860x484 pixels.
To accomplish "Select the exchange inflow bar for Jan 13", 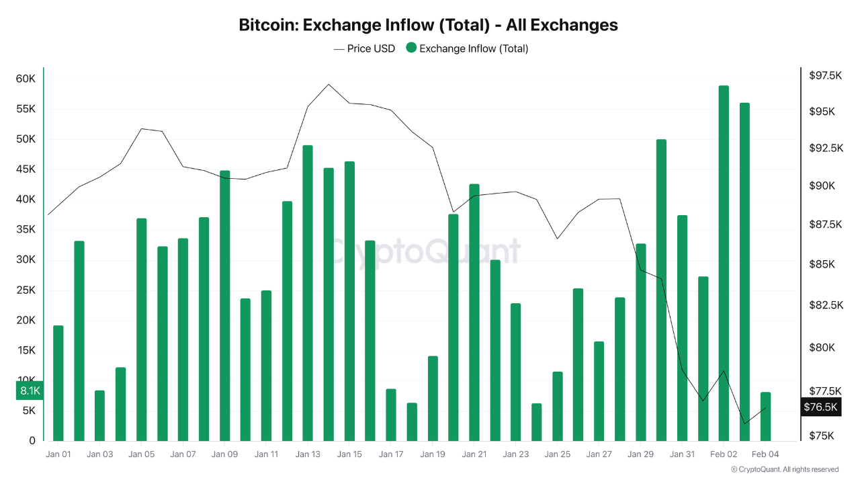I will [x=308, y=293].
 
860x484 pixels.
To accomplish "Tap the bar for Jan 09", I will [x=225, y=306].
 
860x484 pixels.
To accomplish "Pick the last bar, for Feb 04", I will [x=765, y=417].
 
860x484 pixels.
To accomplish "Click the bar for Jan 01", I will [x=58, y=383].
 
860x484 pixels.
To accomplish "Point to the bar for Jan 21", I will [x=474, y=313].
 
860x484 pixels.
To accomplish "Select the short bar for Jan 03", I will [x=99, y=415].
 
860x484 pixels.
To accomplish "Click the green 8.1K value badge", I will [x=30, y=391].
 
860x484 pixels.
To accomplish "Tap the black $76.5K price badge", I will [x=821, y=407].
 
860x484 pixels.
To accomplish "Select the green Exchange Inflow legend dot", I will [x=411, y=48].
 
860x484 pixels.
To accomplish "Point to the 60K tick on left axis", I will [x=26, y=79].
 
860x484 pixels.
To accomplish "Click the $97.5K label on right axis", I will [x=826, y=76].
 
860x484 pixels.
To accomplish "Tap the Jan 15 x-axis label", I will [x=349, y=454].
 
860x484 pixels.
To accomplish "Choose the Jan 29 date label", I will [x=640, y=454].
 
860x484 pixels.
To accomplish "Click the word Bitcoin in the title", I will [x=267, y=25].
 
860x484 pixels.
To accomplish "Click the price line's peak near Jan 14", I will [x=328, y=85].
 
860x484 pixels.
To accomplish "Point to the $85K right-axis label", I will [x=822, y=264].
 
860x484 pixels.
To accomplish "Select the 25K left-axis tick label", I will [x=26, y=290].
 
